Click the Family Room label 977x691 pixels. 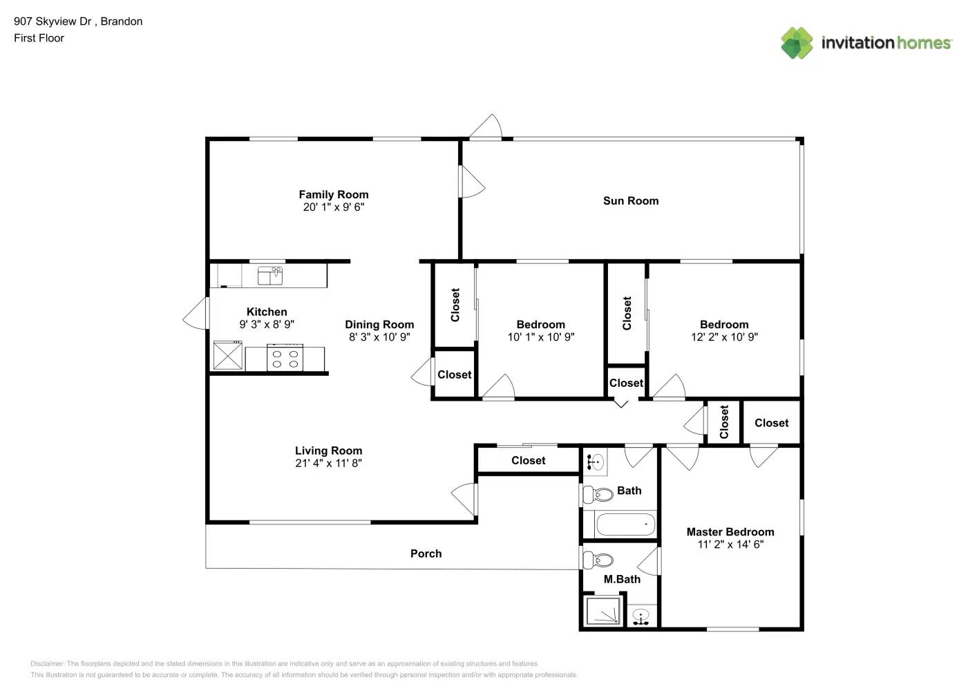pos(333,195)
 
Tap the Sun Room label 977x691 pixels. pos(630,201)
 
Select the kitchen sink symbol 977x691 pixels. pos(269,276)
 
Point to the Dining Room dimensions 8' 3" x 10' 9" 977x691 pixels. pos(379,337)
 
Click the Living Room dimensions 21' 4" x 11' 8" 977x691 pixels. pos(328,464)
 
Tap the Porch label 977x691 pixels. pos(426,553)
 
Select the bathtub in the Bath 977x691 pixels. pos(625,525)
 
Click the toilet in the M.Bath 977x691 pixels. pos(598,559)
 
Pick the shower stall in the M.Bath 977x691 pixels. pos(603,612)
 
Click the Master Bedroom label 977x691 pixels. pos(730,532)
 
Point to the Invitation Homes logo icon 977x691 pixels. pos(797,43)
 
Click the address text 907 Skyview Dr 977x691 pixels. pos(53,21)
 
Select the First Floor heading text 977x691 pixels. pos(39,38)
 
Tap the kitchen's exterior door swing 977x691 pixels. pos(196,314)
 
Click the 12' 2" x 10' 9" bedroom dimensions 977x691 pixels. pos(724,337)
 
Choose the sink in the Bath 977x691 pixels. pos(596,462)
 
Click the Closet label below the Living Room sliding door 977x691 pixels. pos(528,461)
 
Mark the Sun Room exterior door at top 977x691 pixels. pos(486,127)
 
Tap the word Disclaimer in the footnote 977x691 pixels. pos(47,663)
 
